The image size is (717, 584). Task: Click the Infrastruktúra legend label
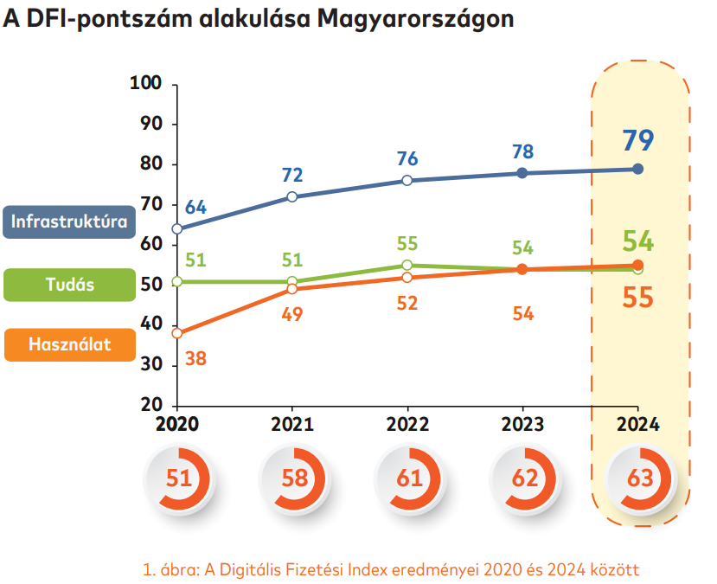tap(69, 221)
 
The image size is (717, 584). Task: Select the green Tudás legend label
tap(69, 285)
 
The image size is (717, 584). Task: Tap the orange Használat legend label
tap(69, 343)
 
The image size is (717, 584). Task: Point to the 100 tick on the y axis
tap(145, 84)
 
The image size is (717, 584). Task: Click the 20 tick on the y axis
tap(151, 406)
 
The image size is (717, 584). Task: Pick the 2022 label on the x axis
tap(407, 425)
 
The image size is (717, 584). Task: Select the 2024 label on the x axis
tap(637, 425)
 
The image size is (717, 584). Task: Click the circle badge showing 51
tap(177, 478)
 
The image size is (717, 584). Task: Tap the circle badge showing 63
tap(638, 478)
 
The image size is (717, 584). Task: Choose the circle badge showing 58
tap(292, 478)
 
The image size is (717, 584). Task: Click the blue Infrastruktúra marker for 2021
tap(292, 196)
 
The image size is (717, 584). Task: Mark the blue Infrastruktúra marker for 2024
tap(638, 169)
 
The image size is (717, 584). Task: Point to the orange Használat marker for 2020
tap(177, 333)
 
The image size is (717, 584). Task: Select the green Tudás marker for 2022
tap(407, 266)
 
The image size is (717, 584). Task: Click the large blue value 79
tap(638, 140)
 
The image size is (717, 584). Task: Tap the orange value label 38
tap(195, 357)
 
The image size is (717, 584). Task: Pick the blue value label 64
tap(196, 208)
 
